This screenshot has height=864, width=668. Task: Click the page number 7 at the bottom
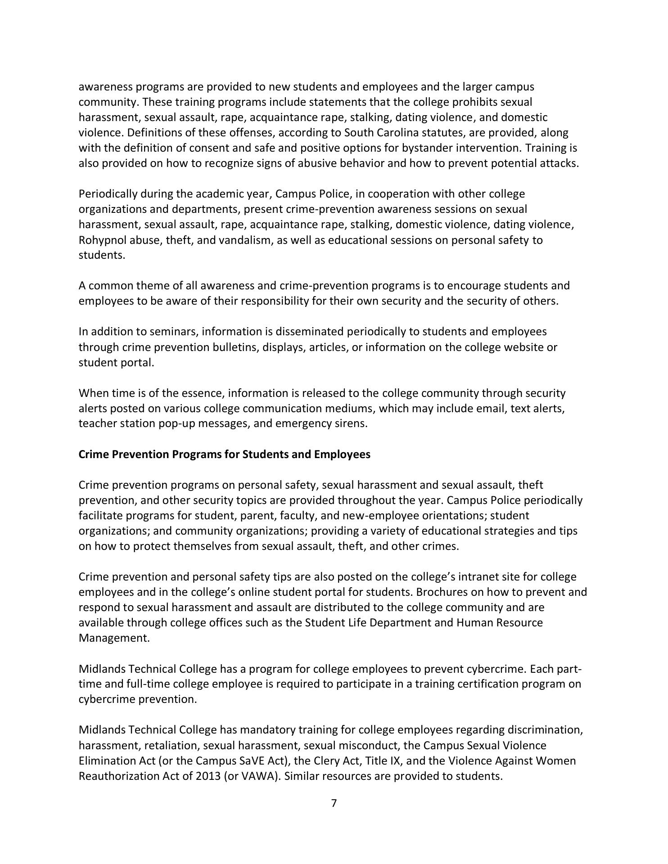334,803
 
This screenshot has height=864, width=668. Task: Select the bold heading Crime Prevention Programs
224,454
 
